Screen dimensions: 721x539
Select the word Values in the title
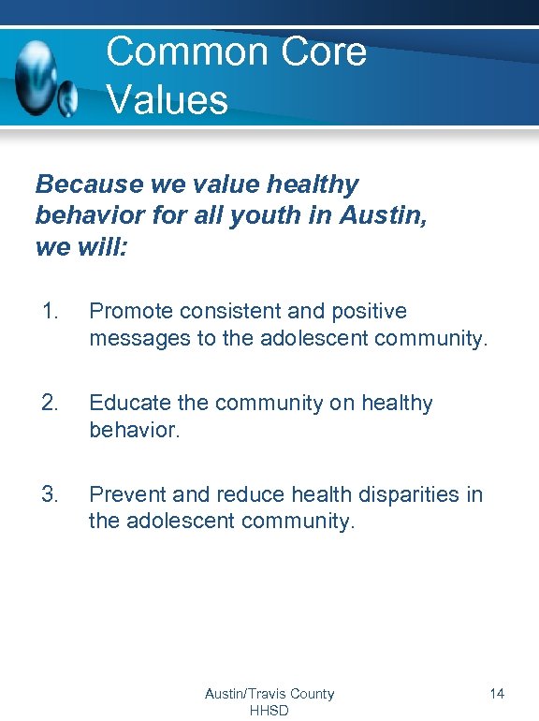tap(168, 99)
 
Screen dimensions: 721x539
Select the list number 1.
tap(51, 311)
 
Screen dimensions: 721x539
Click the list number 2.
tap(51, 403)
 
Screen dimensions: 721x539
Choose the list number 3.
tap(51, 493)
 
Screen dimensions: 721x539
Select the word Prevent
tap(126, 493)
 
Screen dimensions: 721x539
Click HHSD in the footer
tap(269, 710)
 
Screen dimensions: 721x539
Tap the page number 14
tap(497, 694)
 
